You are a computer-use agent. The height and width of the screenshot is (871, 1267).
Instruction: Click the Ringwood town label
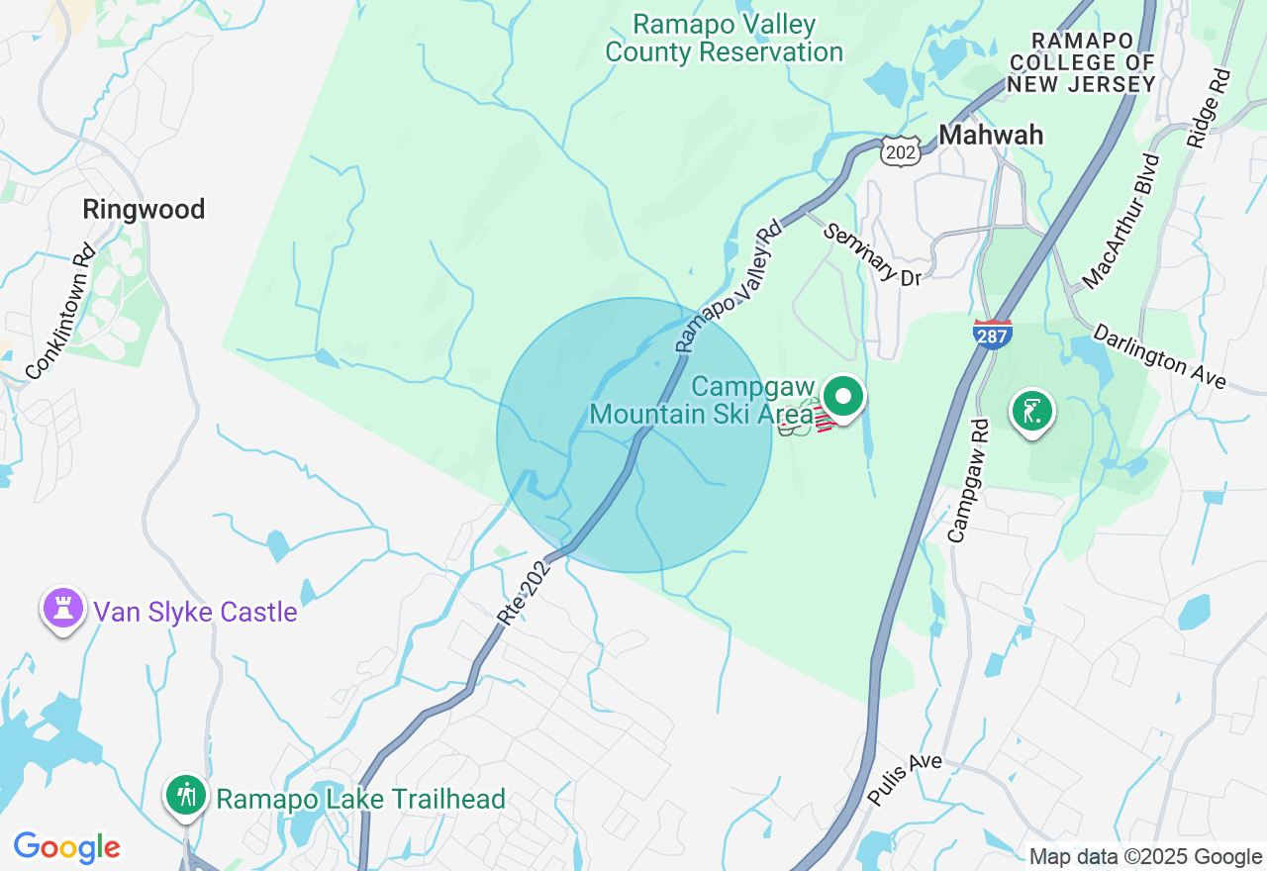[144, 210]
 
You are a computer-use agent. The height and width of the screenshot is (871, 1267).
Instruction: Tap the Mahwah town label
[991, 135]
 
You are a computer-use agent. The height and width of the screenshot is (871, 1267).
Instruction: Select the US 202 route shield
[902, 151]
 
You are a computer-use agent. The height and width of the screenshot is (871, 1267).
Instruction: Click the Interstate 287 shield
[992, 334]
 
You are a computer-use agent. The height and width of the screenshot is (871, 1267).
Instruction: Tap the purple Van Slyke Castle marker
[63, 608]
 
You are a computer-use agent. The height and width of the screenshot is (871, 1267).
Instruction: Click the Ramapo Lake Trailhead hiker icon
[185, 794]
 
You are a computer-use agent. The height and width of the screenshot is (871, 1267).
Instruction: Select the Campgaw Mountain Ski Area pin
[843, 398]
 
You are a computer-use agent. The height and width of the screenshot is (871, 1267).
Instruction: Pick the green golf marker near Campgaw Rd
[1030, 410]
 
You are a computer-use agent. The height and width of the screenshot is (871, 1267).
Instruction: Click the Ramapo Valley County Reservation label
[724, 38]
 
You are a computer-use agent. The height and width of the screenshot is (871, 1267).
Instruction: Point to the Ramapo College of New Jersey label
[1081, 62]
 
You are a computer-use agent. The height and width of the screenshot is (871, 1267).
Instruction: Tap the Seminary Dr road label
[872, 254]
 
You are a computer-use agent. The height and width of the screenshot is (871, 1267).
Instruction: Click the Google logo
[66, 847]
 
